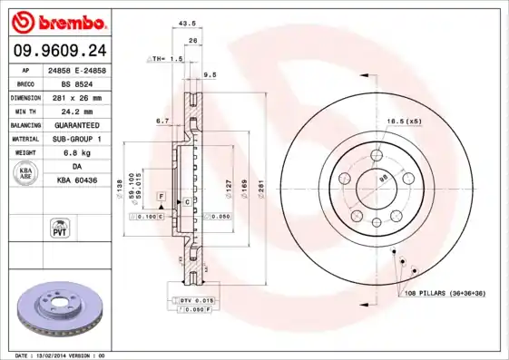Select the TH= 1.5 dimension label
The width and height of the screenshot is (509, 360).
(167, 58)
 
